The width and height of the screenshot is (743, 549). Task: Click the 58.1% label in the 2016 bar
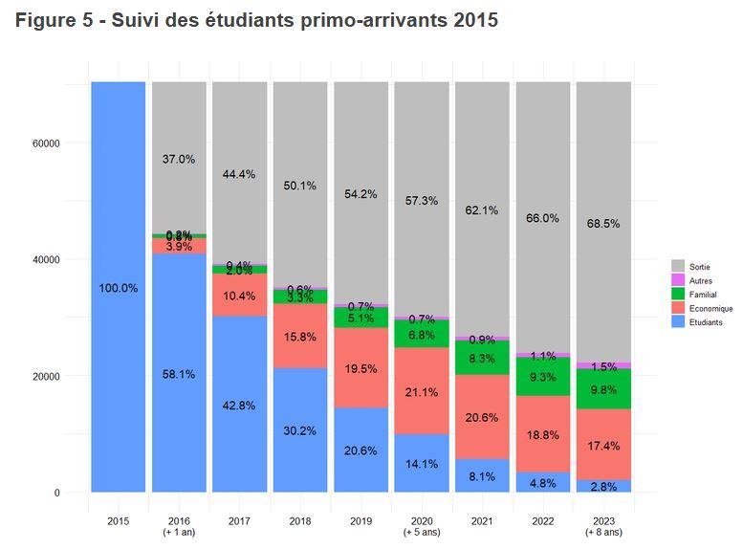coord(179,375)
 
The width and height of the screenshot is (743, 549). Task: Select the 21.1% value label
coord(422,392)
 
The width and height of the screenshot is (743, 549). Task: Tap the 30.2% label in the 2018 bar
coord(300,430)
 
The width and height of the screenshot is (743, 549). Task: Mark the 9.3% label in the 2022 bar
coord(543,377)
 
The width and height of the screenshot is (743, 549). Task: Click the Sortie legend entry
coord(699,265)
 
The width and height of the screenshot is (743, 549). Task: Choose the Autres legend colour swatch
coord(678,279)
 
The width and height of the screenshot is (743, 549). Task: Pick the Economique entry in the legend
coord(710,308)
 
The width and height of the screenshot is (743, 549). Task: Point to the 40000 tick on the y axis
coord(44,260)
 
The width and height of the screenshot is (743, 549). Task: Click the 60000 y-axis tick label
coord(44,143)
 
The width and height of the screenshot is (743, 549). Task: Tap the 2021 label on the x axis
coord(483,521)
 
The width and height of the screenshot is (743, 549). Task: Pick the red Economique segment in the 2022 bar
coord(543,435)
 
